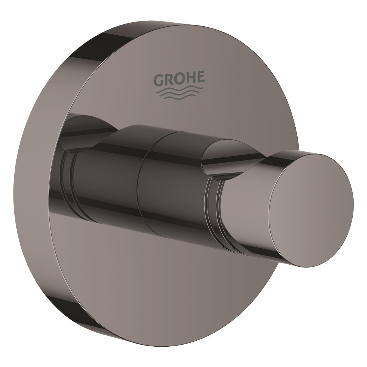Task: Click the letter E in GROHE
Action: coord(200,78)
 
